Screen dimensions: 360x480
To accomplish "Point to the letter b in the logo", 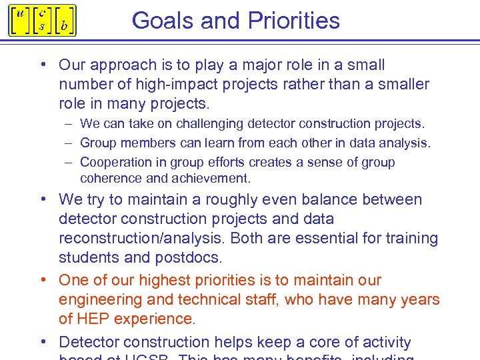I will pyautogui.click(x=64, y=27).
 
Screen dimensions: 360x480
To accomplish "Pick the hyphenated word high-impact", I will pyautogui.click(x=208, y=85).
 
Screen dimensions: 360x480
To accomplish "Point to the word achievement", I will pyautogui.click(x=211, y=179).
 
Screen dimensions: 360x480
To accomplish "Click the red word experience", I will pyautogui.click(x=155, y=319).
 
